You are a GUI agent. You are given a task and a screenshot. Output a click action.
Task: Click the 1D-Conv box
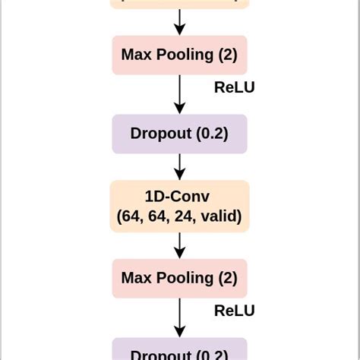[179, 206]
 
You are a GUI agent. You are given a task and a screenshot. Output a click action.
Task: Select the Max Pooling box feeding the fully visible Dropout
[179, 55]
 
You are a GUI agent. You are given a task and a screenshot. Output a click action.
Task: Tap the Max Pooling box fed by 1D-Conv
[179, 278]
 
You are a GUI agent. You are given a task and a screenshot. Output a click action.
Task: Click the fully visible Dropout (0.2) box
[179, 134]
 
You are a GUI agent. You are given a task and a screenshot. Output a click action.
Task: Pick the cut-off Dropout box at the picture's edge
[179, 351]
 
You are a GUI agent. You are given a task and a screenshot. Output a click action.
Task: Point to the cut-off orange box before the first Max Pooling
[179, 4]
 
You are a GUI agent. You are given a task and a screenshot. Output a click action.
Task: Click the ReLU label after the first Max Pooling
[234, 87]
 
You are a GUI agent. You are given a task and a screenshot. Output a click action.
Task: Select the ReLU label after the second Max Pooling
[234, 311]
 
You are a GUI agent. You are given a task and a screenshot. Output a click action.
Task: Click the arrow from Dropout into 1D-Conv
[179, 166]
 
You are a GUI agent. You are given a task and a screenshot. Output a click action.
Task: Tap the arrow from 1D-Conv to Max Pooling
[179, 245]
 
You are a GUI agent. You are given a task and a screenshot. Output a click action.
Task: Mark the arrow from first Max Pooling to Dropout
[179, 94]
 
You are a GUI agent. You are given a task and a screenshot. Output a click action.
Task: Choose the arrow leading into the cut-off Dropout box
[179, 317]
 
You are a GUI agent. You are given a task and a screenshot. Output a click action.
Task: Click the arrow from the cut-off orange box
[179, 21]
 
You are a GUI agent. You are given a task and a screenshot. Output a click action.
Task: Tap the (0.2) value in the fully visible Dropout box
[212, 134]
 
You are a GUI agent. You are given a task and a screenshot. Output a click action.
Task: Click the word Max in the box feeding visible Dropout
[135, 55]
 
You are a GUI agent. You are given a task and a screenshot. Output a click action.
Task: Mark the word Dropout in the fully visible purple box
[161, 134]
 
